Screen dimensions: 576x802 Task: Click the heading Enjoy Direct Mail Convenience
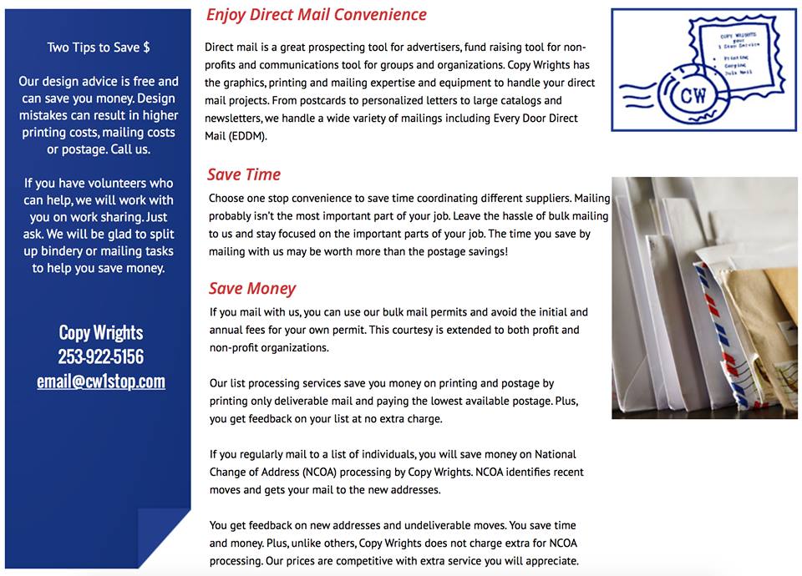pos(316,15)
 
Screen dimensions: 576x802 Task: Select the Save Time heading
pos(244,174)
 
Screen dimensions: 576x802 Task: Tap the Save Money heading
pos(252,289)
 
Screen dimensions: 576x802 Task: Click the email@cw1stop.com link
pos(101,381)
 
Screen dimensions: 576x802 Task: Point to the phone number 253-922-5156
pos(101,356)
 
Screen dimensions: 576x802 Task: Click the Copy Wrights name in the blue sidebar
pos(101,332)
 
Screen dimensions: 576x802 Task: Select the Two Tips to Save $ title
pos(99,48)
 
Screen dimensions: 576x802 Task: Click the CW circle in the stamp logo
pos(693,93)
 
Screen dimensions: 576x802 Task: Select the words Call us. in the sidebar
pos(130,149)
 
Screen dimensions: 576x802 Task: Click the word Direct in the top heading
pos(281,15)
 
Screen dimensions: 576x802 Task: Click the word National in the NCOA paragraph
pos(555,455)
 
